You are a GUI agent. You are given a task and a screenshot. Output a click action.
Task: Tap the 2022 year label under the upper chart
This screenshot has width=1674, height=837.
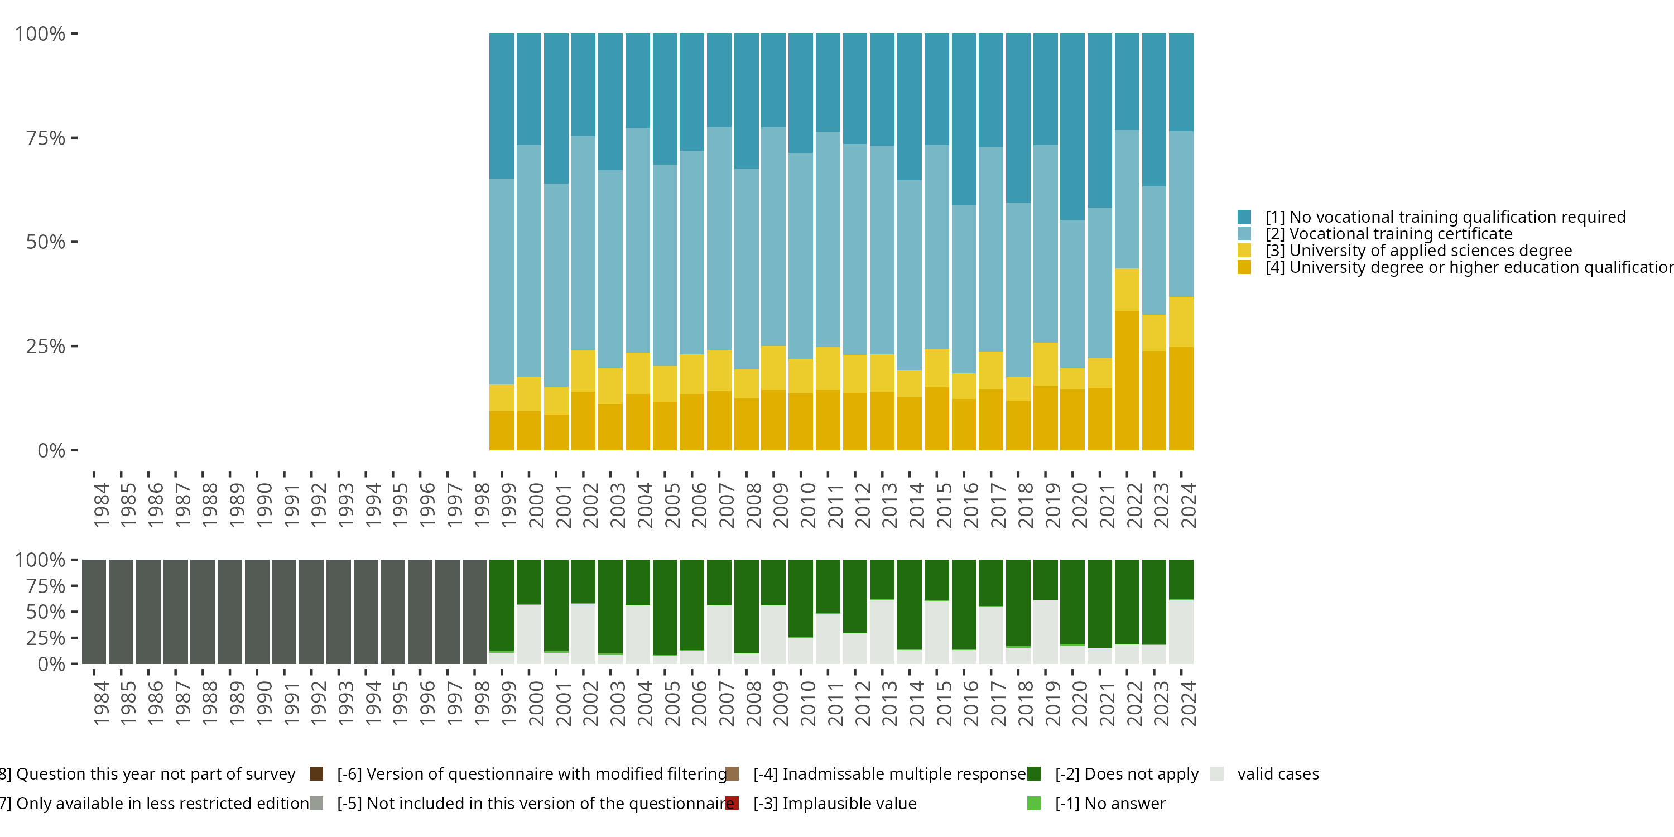coord(1133,505)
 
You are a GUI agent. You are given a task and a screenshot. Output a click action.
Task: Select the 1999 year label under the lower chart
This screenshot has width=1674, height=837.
coord(508,703)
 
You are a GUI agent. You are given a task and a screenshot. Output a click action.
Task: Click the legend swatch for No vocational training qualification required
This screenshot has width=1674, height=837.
coord(1244,217)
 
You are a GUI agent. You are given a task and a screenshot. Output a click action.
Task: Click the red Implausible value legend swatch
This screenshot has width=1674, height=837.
coord(732,803)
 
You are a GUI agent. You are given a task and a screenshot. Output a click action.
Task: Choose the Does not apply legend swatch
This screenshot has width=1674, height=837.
coord(1034,774)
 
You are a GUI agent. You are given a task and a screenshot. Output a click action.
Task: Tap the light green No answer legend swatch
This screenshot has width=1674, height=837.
coord(1034,803)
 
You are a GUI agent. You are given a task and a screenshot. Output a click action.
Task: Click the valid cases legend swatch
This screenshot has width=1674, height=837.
coord(1217,774)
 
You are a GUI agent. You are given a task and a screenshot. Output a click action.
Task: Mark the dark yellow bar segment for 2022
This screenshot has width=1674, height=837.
coord(1127,380)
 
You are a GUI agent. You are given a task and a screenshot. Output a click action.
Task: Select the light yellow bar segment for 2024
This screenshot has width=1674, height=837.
coord(1181,321)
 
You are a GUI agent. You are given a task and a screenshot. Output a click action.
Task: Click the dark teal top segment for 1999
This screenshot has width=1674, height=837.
coord(502,106)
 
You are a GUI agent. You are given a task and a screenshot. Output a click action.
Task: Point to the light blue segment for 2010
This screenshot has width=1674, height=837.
coord(801,256)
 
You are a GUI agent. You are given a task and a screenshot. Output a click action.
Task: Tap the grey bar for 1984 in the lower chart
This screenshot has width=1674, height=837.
coord(94,612)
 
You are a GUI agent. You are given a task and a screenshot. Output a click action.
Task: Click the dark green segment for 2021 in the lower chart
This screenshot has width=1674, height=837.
coord(1099,603)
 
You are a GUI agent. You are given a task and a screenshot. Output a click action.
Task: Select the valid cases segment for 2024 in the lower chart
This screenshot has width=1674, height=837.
coord(1181,632)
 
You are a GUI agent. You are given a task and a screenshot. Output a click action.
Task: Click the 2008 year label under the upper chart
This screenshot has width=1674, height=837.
coord(753,505)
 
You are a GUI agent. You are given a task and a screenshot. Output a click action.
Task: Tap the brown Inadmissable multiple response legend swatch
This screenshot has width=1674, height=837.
coord(732,774)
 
